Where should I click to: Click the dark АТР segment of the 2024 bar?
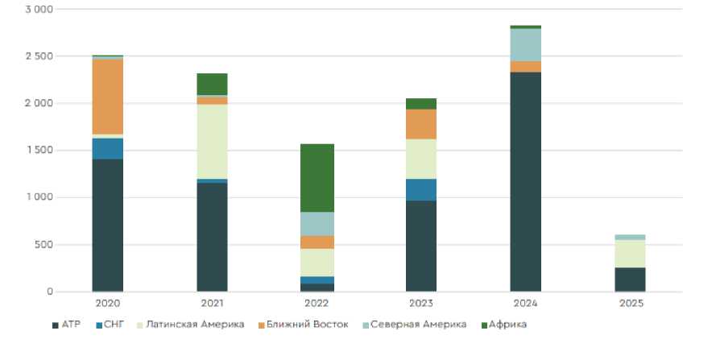pyautogui.click(x=525, y=181)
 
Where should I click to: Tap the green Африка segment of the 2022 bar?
pyautogui.click(x=317, y=177)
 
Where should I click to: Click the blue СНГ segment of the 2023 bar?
pyautogui.click(x=420, y=189)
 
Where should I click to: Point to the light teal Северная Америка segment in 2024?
pyautogui.click(x=525, y=44)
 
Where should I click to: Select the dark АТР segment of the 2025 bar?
pyautogui.click(x=630, y=279)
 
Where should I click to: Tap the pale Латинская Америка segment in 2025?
pyautogui.click(x=630, y=254)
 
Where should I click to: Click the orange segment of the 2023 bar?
pyautogui.click(x=420, y=124)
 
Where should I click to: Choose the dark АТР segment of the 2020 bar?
pyautogui.click(x=107, y=225)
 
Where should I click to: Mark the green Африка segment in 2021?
pyautogui.click(x=212, y=84)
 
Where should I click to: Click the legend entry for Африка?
pyautogui.click(x=507, y=325)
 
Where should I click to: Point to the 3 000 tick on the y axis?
pyautogui.click(x=39, y=10)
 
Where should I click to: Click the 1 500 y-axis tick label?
pyautogui.click(x=39, y=151)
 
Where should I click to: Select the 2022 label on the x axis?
pyautogui.click(x=317, y=304)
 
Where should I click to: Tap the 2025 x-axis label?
pyautogui.click(x=630, y=304)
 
